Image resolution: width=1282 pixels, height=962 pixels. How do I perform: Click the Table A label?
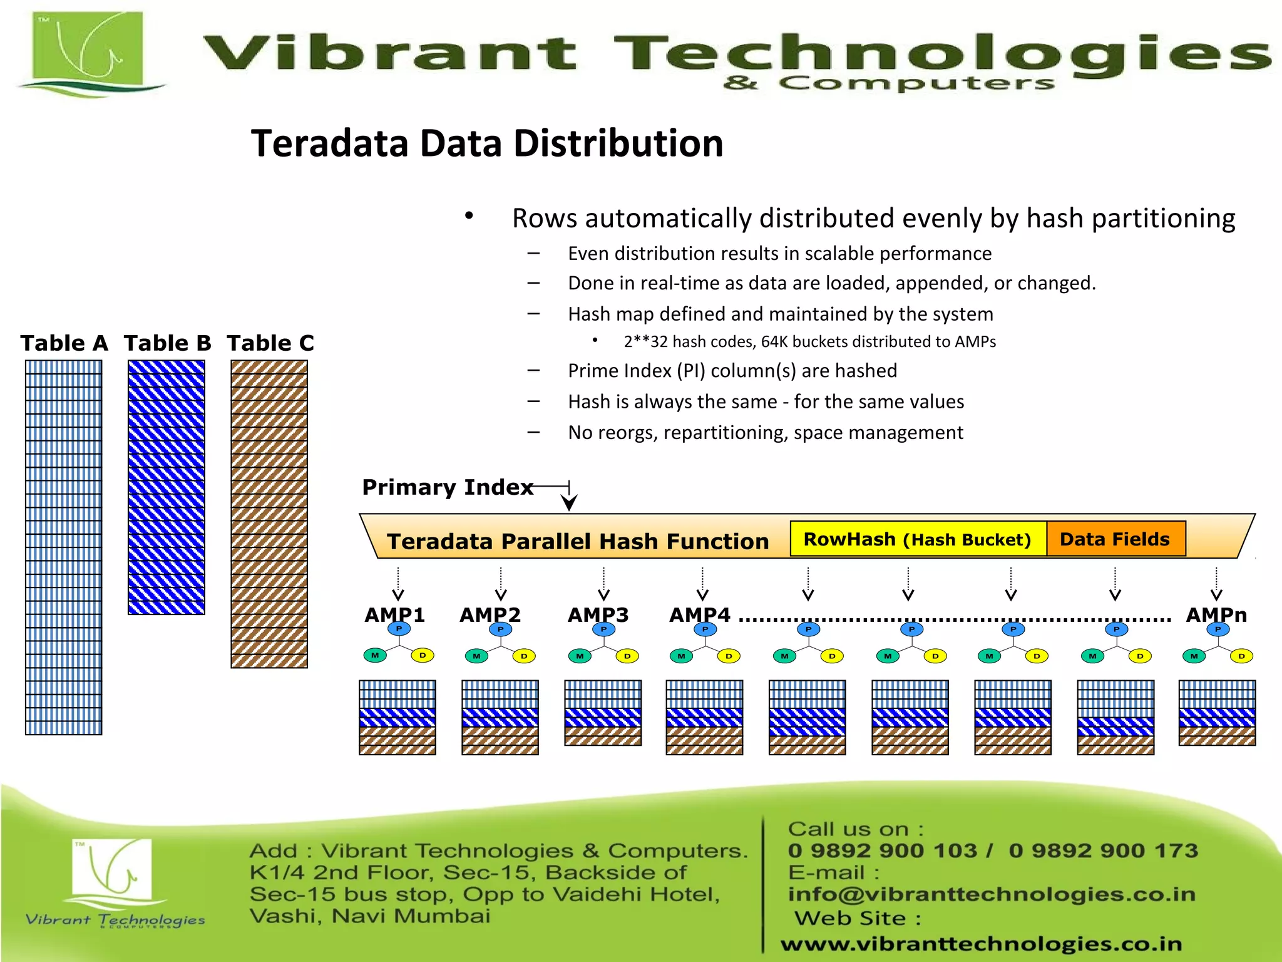coord(64,343)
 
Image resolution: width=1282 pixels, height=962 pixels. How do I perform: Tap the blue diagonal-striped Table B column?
coord(167,487)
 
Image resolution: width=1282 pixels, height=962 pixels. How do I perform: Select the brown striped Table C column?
coord(269,514)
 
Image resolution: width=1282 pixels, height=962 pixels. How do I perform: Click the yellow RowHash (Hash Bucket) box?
coord(918,539)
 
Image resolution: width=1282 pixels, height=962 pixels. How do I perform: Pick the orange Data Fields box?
coord(1115,539)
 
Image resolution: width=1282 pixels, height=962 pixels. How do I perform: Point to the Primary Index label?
coord(448,487)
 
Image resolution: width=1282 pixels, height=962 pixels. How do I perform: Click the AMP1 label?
coord(394,614)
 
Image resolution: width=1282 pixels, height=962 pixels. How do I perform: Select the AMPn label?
coord(1216,614)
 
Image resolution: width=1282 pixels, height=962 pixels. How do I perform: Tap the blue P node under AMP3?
coord(603,629)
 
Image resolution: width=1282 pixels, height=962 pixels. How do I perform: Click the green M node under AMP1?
coord(375,656)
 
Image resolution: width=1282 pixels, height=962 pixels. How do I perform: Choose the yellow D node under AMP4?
coord(729,656)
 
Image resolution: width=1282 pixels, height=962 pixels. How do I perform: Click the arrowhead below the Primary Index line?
coord(569,502)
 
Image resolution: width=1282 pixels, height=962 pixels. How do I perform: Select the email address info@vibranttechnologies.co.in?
coord(992,894)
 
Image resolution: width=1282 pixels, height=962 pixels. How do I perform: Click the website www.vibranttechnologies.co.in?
coord(982,943)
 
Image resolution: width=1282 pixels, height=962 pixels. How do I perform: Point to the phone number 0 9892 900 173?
coord(1103,851)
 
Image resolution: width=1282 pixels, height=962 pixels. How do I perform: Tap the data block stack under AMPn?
coord(1217,713)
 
